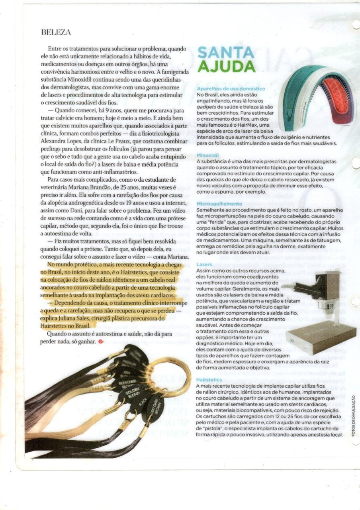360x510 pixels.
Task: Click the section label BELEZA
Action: point(56,32)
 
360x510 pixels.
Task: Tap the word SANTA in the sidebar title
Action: point(225,52)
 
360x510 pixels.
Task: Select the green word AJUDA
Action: point(226,66)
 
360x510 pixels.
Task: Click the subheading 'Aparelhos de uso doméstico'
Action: point(225,88)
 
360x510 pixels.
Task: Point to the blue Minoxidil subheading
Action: point(207,155)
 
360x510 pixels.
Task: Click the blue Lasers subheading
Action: point(204,264)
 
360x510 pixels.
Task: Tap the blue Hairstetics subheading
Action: point(209,380)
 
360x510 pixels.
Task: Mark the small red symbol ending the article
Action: point(100,341)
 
